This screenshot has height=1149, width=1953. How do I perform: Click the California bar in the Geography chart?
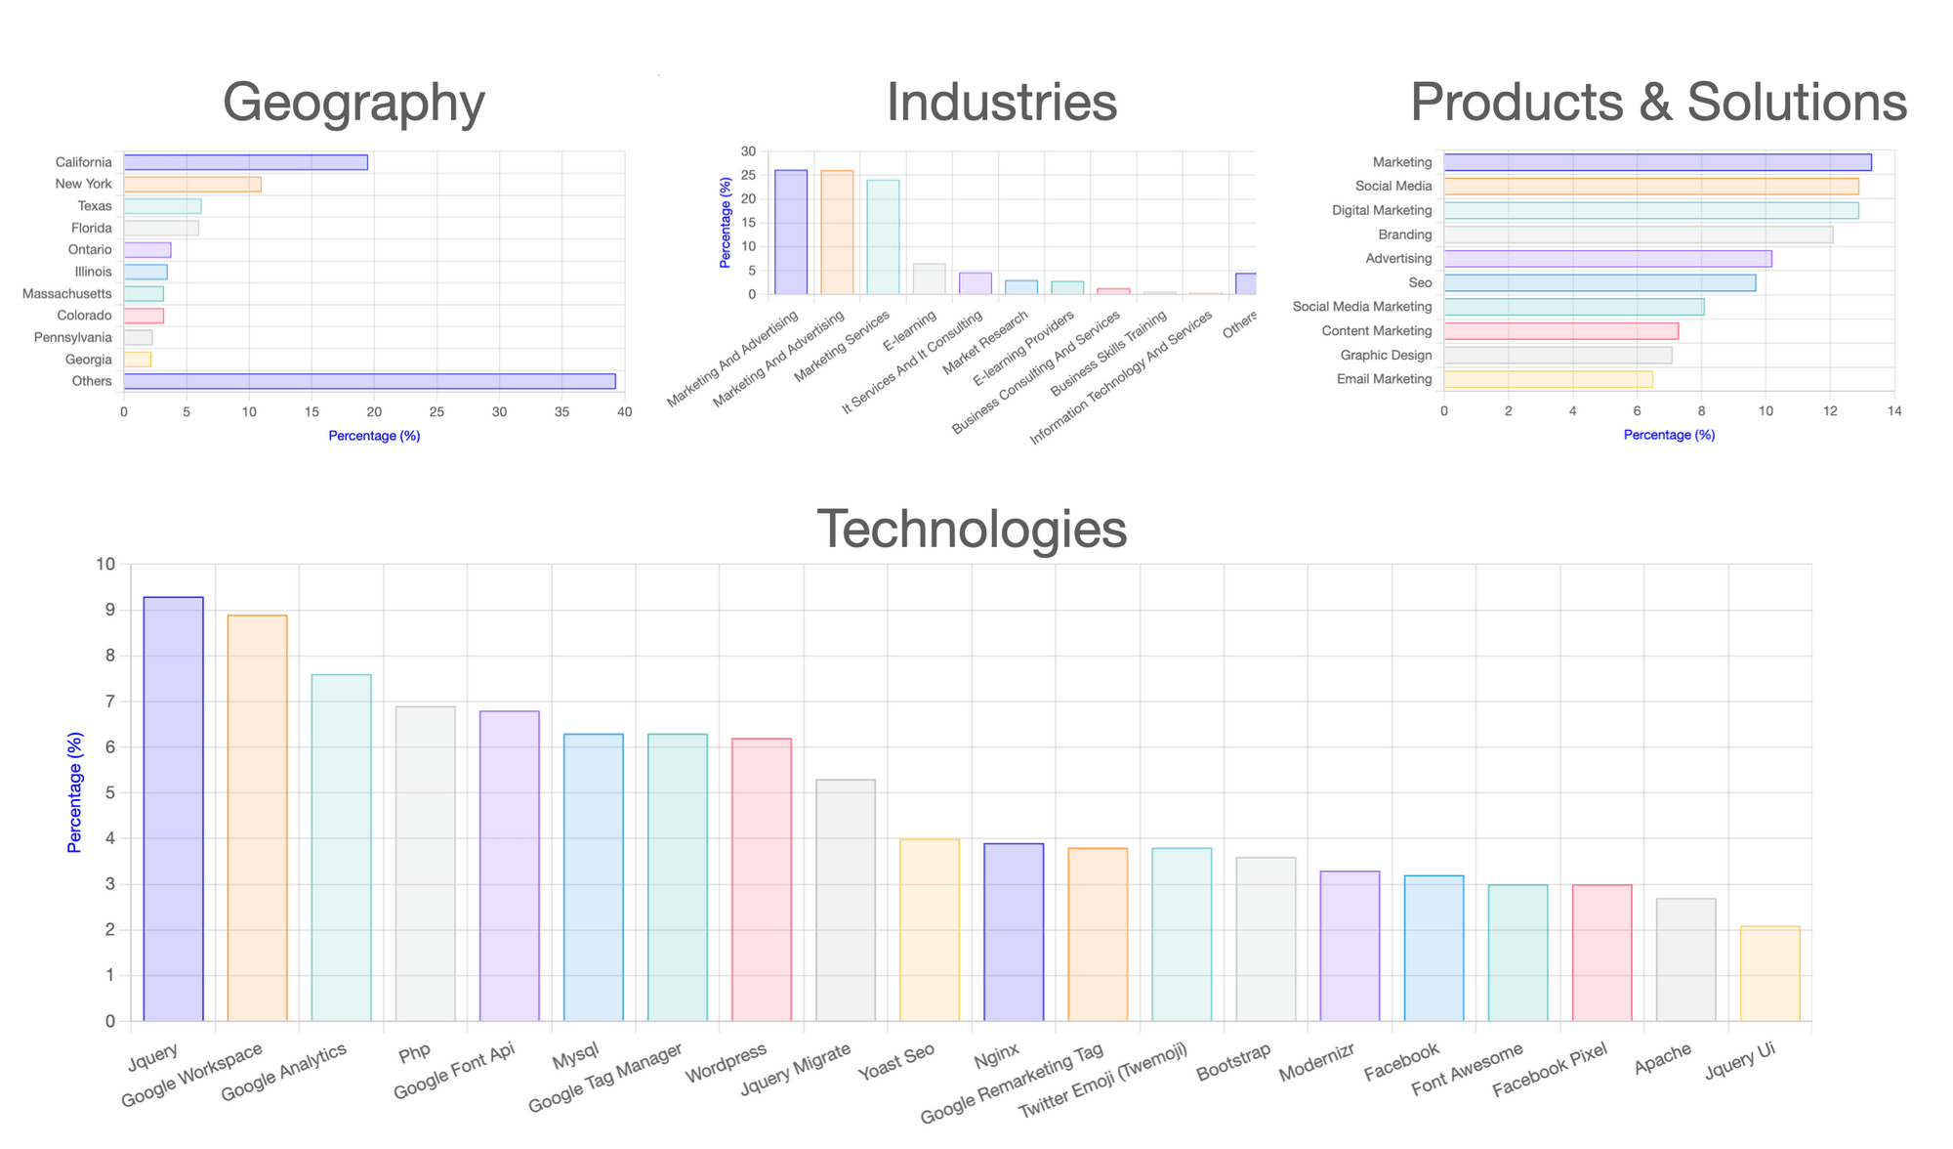point(245,162)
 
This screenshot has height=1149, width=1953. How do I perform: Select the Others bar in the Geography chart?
point(369,381)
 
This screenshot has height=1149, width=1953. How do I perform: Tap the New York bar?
point(192,184)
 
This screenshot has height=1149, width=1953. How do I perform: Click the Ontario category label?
point(90,250)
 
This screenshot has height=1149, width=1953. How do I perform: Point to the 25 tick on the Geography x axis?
point(436,412)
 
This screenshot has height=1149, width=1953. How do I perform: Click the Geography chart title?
point(353,102)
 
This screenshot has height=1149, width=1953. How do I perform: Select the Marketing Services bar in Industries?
point(883,237)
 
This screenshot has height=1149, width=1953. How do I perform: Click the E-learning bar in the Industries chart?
point(929,279)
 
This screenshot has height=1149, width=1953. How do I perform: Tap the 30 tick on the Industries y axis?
point(748,151)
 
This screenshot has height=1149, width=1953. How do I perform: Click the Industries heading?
point(1001,102)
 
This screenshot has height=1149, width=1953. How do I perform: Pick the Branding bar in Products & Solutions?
point(1638,234)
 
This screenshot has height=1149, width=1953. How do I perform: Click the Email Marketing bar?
point(1548,379)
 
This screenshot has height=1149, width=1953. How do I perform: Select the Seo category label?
point(1420,283)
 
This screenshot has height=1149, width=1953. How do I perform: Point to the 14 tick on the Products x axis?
point(1894,411)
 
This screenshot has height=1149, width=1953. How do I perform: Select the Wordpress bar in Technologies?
point(762,879)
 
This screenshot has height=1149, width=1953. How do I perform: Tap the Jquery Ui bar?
point(1769,974)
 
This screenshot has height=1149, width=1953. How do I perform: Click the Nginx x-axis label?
point(996,1054)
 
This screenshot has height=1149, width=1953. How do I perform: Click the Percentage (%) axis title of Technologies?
point(74,792)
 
